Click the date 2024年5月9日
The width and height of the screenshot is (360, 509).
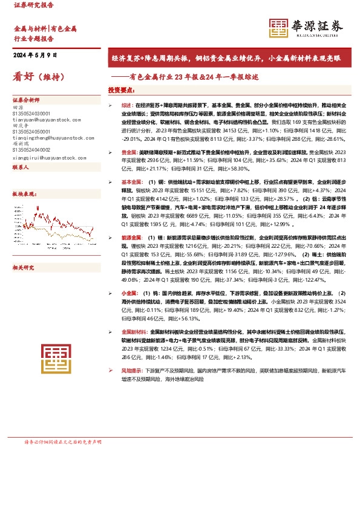(35, 56)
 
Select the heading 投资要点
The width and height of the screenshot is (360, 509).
(121, 90)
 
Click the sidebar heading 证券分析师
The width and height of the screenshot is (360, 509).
(26, 99)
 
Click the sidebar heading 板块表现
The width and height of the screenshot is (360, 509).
(24, 194)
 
